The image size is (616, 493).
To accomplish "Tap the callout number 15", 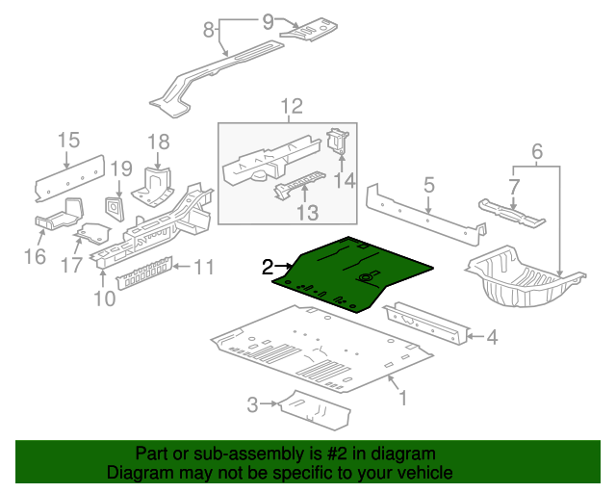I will (66, 142).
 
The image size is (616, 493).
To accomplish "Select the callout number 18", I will (158, 142).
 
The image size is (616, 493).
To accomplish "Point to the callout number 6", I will (537, 150).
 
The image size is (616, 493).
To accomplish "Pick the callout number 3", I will (252, 404).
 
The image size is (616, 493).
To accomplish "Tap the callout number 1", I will (403, 397).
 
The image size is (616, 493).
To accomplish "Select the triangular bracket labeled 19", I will (114, 207).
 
